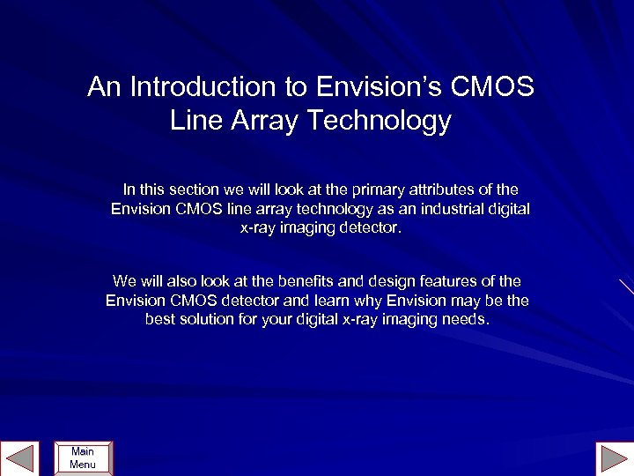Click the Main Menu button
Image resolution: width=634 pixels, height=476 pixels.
click(x=83, y=457)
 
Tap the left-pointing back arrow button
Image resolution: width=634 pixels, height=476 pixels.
click(x=19, y=458)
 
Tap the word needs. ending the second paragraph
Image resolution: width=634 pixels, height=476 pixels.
click(x=465, y=319)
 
